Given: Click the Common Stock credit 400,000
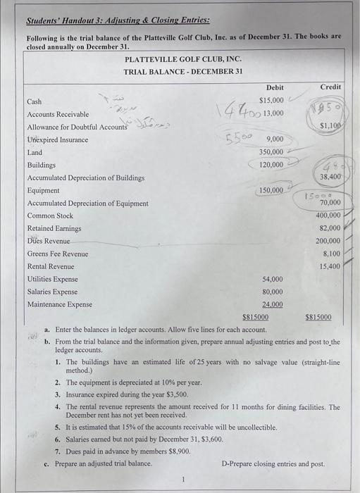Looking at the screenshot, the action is tap(328, 216).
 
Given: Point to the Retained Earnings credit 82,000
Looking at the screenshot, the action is tap(330, 228).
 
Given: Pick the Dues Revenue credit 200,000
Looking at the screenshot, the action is tap(328, 241).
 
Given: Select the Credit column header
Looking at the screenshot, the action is tap(330, 87).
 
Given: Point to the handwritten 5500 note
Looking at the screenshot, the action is tap(238, 137).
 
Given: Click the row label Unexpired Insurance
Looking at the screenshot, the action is tap(58, 139).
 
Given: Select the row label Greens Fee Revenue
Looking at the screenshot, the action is tap(58, 254).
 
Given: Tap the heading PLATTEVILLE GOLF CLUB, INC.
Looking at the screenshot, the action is tap(182, 58).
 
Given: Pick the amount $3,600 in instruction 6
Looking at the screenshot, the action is tap(211, 438).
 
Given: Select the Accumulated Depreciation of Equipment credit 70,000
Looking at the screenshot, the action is tap(330, 203).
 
